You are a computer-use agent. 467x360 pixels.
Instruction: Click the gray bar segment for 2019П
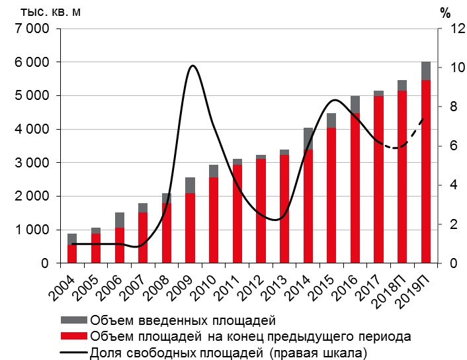[x=426, y=71]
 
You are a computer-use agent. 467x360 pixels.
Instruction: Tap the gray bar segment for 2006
[x=119, y=220]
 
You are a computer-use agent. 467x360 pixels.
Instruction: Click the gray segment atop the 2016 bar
[x=355, y=105]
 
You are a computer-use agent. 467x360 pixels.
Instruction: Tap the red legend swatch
[x=73, y=337]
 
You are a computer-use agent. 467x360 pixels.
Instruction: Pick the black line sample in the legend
[x=73, y=351]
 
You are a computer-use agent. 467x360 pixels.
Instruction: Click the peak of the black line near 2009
[x=192, y=66]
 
